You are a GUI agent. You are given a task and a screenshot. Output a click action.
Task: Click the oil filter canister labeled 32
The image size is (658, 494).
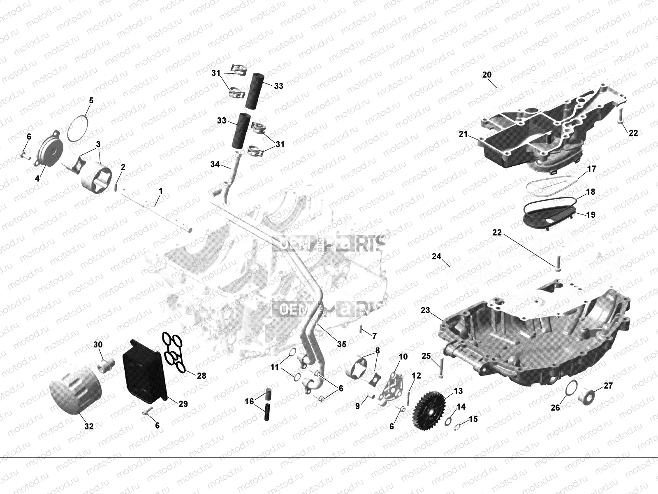tap(74, 391)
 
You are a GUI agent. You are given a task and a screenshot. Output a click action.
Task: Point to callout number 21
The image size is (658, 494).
tap(463, 135)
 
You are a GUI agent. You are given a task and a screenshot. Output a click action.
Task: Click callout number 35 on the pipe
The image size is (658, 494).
tap(342, 344)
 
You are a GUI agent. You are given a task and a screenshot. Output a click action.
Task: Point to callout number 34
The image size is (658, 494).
tap(215, 164)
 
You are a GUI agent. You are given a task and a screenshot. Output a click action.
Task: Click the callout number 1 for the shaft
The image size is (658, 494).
tap(161, 191)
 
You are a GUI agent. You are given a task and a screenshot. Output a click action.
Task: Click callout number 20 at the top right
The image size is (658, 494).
tap(487, 75)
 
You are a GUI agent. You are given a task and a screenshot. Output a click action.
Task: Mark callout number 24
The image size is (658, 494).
tap(436, 256)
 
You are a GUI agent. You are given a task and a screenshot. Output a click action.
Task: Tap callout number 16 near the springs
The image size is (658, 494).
tap(250, 401)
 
